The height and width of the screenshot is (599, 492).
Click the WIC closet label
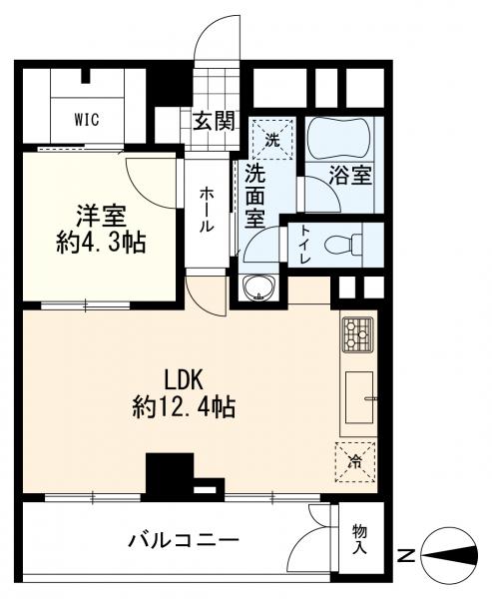click(x=87, y=120)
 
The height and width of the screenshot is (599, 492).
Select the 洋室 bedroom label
click(x=101, y=218)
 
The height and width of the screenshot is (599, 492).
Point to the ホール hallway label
click(x=207, y=210)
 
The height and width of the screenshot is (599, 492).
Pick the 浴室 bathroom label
click(x=350, y=176)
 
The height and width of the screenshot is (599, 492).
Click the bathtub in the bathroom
click(x=339, y=139)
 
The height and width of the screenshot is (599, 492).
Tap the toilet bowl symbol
click(x=343, y=244)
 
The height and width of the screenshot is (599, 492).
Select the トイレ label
click(x=305, y=245)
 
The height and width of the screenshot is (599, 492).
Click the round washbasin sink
click(x=259, y=287)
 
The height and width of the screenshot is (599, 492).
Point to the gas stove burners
click(x=357, y=334)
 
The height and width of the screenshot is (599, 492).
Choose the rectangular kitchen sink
click(x=359, y=397)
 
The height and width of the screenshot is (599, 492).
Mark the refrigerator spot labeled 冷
click(x=355, y=462)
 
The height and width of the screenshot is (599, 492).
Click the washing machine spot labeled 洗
click(x=272, y=140)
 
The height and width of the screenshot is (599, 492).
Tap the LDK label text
click(x=183, y=380)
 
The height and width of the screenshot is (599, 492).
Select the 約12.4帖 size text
click(x=184, y=407)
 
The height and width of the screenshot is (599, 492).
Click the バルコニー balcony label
click(x=184, y=540)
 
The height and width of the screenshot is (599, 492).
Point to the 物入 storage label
click(x=359, y=539)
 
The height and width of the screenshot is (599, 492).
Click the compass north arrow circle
click(x=450, y=555)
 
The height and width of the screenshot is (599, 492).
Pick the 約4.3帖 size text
click(x=101, y=243)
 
